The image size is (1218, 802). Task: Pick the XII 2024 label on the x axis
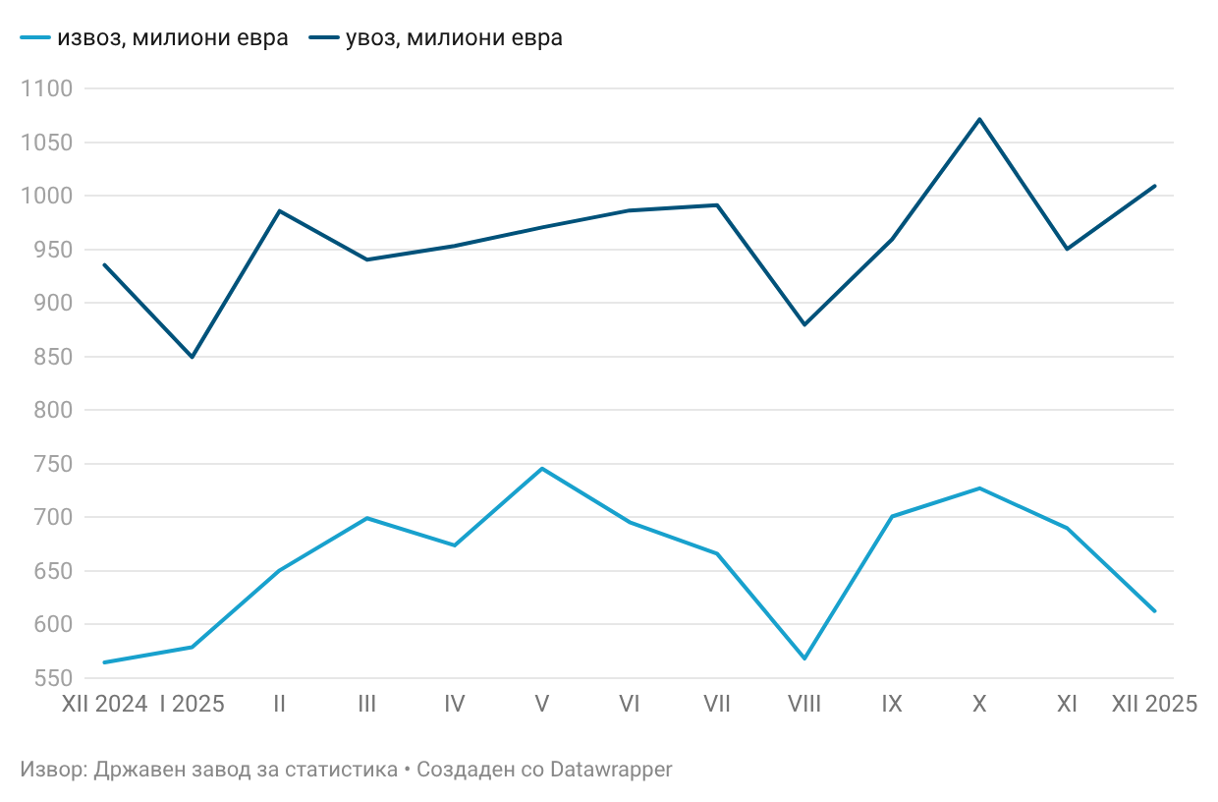(x=105, y=704)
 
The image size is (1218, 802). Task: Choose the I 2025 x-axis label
(x=193, y=704)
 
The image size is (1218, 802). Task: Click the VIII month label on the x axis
(x=804, y=704)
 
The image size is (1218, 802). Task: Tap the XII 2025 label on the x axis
(x=1154, y=704)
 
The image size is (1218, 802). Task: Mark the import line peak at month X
(x=979, y=119)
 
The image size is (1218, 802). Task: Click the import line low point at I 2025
(x=193, y=357)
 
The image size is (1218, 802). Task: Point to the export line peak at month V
(x=542, y=468)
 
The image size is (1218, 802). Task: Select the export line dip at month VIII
(x=804, y=659)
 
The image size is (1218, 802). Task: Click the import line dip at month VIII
(x=804, y=324)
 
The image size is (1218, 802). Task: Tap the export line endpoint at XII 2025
(x=1154, y=611)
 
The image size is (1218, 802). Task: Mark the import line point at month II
(x=280, y=210)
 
